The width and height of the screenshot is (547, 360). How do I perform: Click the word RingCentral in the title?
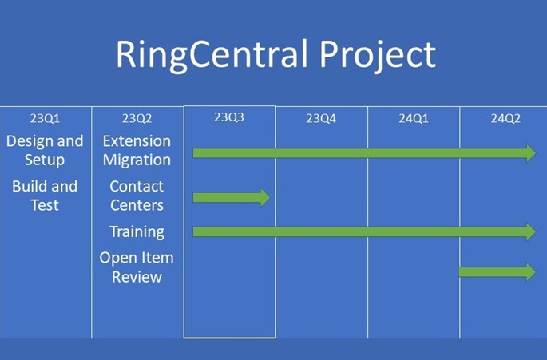click(212, 55)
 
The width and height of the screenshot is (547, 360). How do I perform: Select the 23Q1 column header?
click(45, 119)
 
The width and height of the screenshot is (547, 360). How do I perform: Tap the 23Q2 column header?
click(137, 119)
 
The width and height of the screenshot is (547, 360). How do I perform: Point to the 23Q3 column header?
click(229, 117)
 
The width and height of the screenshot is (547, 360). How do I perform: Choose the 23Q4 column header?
click(321, 119)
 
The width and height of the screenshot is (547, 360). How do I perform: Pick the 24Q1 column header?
click(414, 119)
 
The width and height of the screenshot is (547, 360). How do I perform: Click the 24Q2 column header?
click(505, 119)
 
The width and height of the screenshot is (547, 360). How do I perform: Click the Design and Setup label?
click(45, 150)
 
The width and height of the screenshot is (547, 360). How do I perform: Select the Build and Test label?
click(45, 196)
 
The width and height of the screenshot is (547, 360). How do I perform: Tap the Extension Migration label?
click(137, 150)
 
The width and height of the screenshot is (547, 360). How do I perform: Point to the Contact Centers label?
click(137, 196)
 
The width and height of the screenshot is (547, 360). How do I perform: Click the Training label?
click(137, 232)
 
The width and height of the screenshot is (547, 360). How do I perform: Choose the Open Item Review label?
click(137, 267)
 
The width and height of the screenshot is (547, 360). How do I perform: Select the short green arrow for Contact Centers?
click(232, 198)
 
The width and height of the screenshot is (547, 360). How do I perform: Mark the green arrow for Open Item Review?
click(497, 272)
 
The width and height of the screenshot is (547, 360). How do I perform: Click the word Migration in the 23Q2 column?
click(137, 160)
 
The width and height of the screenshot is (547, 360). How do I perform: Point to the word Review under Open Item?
click(137, 277)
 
